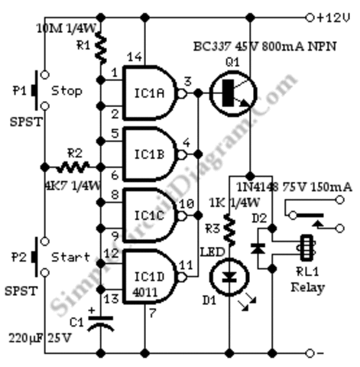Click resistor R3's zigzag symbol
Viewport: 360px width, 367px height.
230,229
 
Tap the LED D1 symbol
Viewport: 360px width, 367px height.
230,277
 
